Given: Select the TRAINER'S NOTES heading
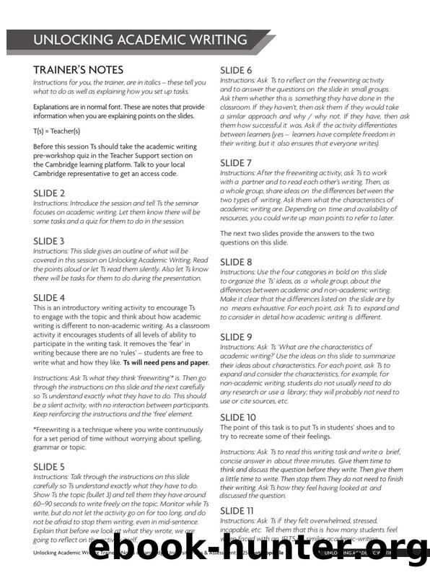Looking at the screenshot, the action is tap(79, 70).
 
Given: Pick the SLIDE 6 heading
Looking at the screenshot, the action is tap(236, 70).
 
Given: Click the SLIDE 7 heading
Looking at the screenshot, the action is tap(236, 163).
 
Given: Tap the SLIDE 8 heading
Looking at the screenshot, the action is tap(236, 261).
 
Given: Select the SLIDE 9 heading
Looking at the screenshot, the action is tap(236, 336).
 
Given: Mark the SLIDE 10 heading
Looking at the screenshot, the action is tap(237, 418).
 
